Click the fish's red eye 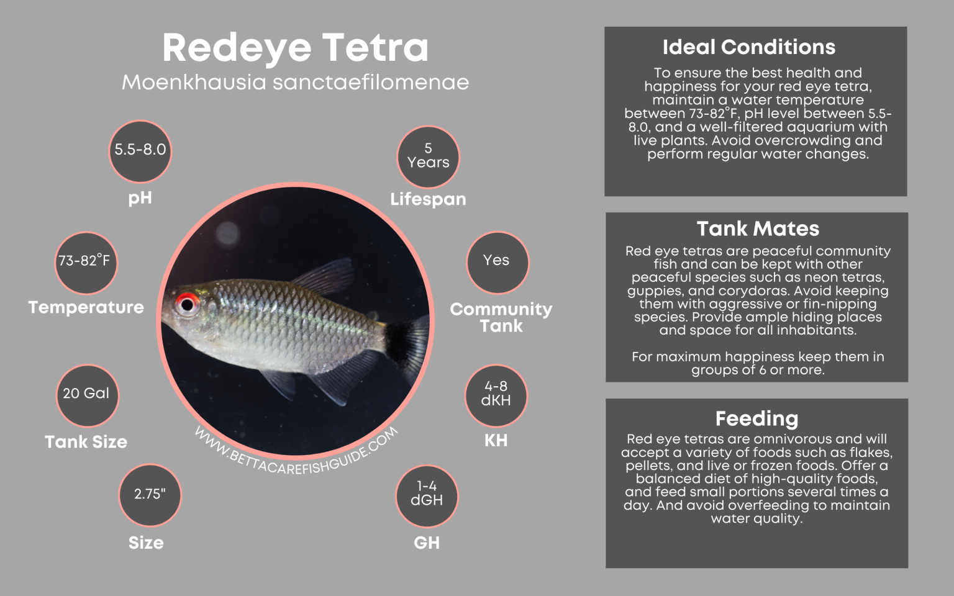(x=186, y=304)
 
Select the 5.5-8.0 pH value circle (x=140, y=150)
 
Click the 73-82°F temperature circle (x=85, y=261)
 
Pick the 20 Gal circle (x=86, y=394)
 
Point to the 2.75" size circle (x=150, y=495)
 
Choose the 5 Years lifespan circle (x=428, y=156)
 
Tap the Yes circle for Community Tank (x=496, y=261)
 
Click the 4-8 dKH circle (x=496, y=395)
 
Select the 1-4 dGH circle (x=427, y=495)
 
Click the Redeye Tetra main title (x=295, y=47)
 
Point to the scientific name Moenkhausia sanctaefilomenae (x=295, y=83)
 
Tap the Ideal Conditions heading (x=748, y=47)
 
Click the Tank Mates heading (x=757, y=228)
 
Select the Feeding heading (x=756, y=418)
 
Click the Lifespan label (x=428, y=199)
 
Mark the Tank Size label (x=86, y=442)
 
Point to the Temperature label (x=86, y=307)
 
